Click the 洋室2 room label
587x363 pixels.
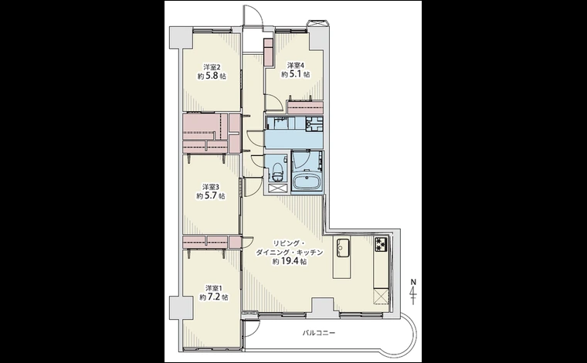212,67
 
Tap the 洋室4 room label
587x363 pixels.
296,65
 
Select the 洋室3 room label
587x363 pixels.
211,187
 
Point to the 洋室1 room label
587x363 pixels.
214,288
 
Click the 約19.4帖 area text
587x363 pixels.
290,262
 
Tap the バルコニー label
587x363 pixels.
318,333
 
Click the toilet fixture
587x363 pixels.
277,170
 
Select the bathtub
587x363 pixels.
307,182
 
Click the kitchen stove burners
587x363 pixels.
382,243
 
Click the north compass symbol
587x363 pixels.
413,291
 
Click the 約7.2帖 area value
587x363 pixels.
214,297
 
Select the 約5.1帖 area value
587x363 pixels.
296,74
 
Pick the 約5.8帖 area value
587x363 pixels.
212,76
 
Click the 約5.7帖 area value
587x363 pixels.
211,195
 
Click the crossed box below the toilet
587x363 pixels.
278,188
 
